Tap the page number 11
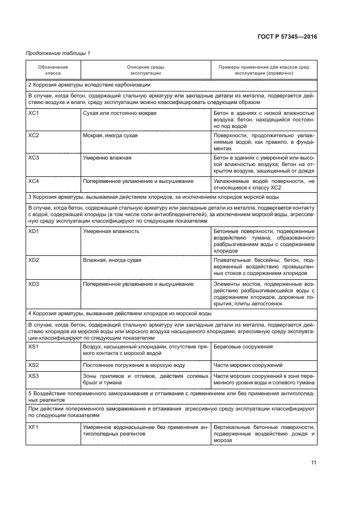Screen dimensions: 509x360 click(x=314, y=463)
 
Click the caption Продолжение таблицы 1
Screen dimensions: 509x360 click(x=55, y=53)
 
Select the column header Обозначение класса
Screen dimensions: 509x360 click(x=53, y=70)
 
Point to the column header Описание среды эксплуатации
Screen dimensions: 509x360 click(x=145, y=70)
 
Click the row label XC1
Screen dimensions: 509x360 click(x=34, y=113)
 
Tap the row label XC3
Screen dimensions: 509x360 click(x=34, y=158)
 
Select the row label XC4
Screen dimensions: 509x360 click(x=34, y=180)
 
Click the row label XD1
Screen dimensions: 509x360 click(x=34, y=231)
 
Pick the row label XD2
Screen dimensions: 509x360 click(x=34, y=260)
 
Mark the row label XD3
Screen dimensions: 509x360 click(x=34, y=284)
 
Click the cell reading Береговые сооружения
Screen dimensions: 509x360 click(x=243, y=346)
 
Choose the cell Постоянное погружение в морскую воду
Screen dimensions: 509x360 click(x=134, y=365)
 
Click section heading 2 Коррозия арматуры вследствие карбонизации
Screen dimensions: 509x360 click(x=89, y=85)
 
